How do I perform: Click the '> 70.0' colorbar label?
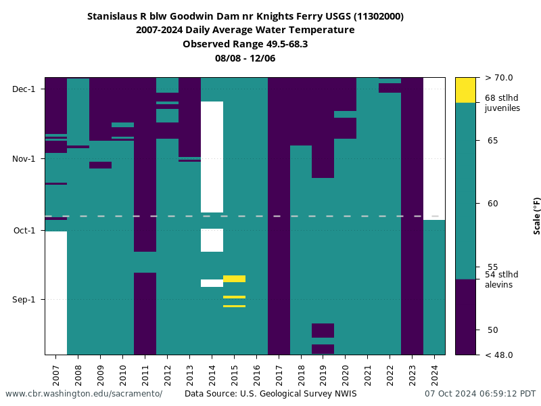(499, 78)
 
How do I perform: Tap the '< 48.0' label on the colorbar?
(499, 355)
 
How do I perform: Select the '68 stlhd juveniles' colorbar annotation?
(502, 103)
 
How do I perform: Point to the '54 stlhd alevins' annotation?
(502, 279)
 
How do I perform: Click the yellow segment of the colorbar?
(465, 90)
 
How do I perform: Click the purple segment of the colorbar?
(465, 317)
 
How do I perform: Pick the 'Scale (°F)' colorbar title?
(537, 216)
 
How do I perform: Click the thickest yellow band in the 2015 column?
(234, 279)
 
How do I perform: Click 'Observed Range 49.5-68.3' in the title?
(245, 44)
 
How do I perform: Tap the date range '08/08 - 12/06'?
(245, 58)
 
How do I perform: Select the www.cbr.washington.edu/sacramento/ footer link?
(84, 394)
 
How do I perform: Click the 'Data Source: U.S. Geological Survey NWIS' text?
(270, 394)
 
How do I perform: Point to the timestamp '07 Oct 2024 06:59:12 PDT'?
(480, 394)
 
